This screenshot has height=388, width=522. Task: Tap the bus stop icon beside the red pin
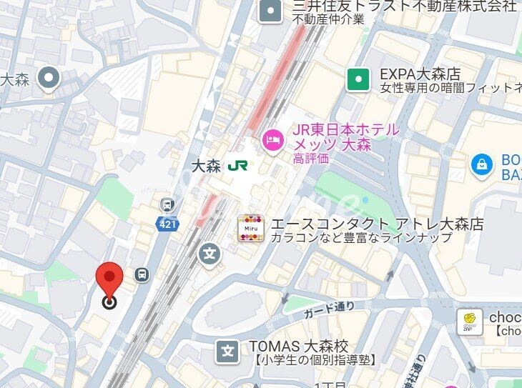[142, 274]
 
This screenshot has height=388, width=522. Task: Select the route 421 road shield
[165, 224]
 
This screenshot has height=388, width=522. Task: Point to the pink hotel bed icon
[272, 139]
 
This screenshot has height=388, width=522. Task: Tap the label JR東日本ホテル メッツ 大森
[345, 137]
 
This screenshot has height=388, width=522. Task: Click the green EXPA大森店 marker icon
[358, 79]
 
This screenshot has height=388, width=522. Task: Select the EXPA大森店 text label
[420, 74]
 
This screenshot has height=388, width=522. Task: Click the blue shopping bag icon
[483, 165]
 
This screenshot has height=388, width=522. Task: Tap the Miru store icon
[250, 228]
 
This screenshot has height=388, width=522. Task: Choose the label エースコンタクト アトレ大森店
[377, 224]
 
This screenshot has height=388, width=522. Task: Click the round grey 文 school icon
[210, 253]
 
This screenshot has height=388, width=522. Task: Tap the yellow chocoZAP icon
[469, 321]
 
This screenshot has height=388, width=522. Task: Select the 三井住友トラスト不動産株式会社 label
[405, 7]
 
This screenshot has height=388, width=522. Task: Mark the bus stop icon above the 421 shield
[167, 204]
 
